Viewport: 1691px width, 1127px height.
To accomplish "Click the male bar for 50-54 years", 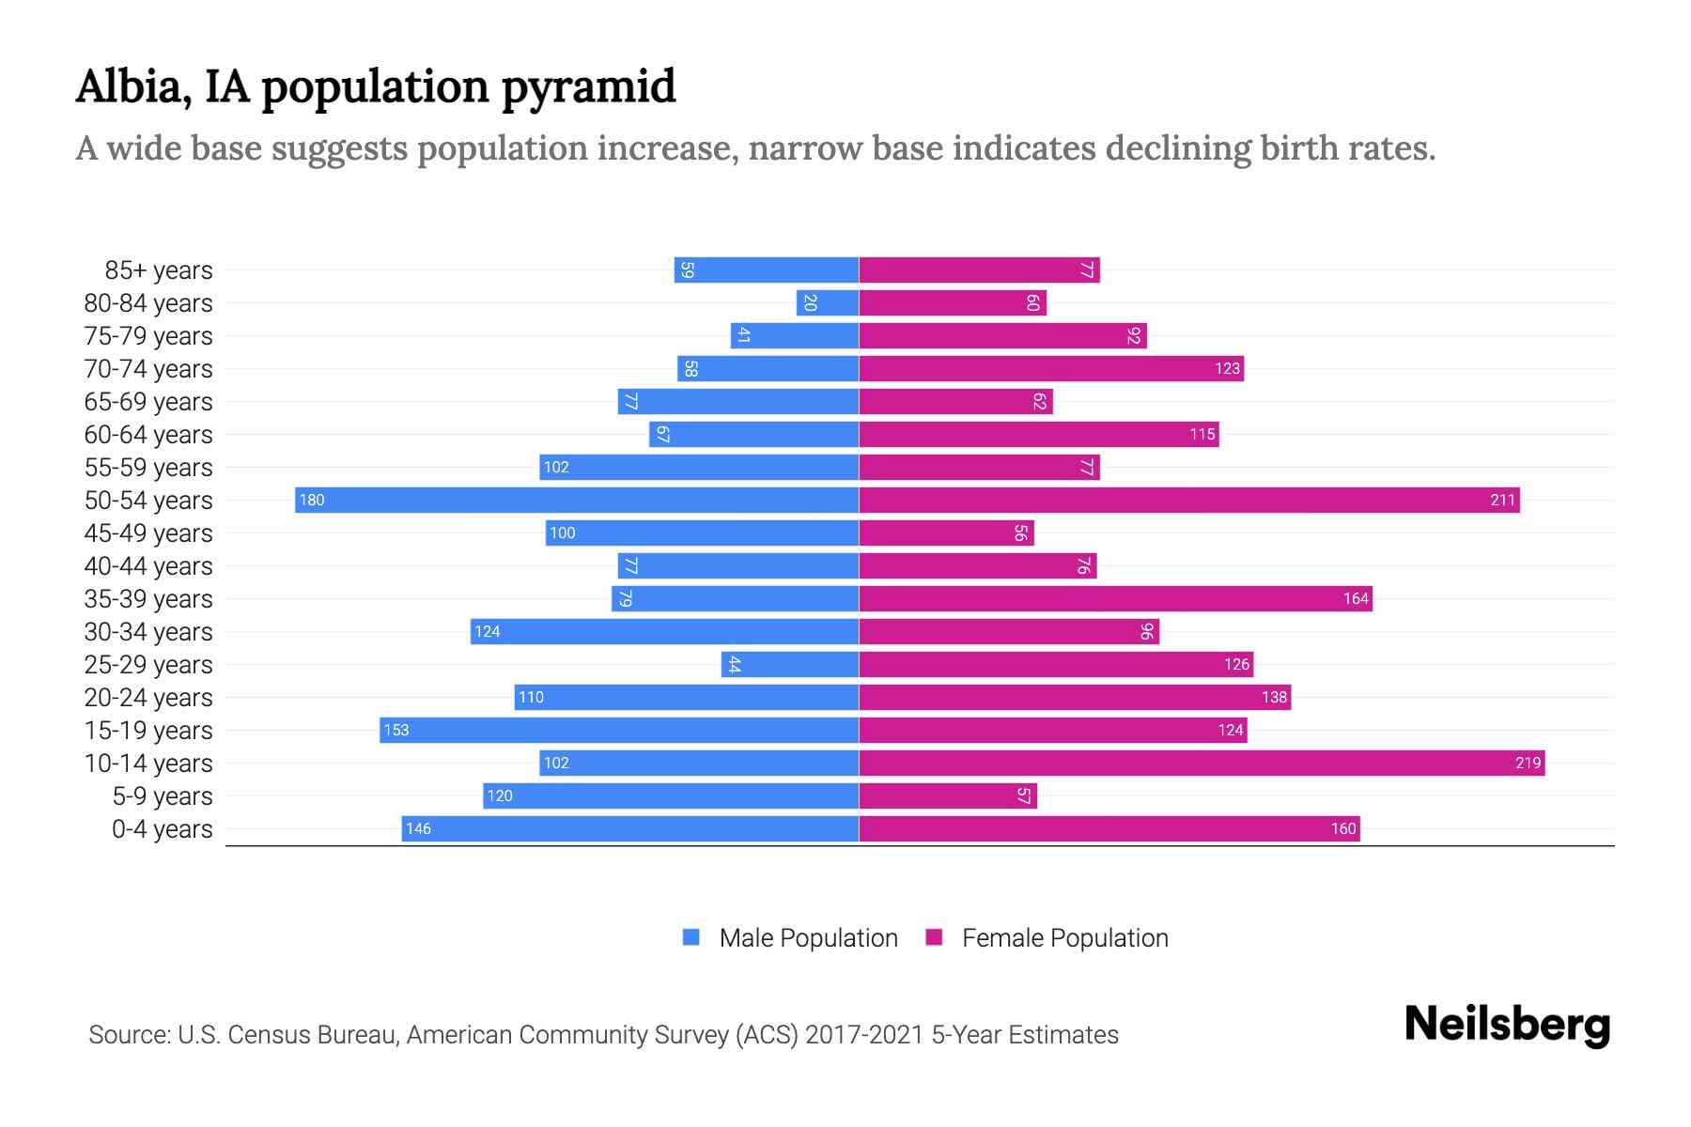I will click(x=577, y=500).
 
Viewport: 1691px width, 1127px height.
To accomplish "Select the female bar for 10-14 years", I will click(x=1202, y=763).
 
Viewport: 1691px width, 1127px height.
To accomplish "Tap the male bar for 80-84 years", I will click(x=828, y=302).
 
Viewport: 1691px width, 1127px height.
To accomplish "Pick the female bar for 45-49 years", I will click(x=946, y=533).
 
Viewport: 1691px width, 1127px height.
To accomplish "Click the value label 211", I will click(x=1502, y=500).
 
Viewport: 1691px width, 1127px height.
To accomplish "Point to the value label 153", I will click(x=396, y=730).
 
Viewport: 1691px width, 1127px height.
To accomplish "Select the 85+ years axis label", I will click(x=159, y=270).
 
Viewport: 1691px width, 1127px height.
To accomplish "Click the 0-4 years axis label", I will click(x=162, y=829).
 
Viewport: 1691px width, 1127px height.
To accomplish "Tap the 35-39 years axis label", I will click(x=148, y=599).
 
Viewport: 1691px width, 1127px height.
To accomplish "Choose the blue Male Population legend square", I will click(x=691, y=937).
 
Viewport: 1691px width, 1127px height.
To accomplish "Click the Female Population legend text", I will click(x=1064, y=937).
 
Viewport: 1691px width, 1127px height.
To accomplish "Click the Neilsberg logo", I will click(x=1507, y=1025).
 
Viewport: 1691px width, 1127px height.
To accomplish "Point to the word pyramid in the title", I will click(x=588, y=86).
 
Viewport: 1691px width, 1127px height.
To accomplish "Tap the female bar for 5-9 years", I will click(x=948, y=795).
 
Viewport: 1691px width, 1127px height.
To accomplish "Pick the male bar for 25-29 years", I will click(x=790, y=664).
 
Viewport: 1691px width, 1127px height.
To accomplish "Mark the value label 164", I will click(x=1356, y=598).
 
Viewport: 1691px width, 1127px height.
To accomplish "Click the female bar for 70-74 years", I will click(x=1051, y=368).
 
